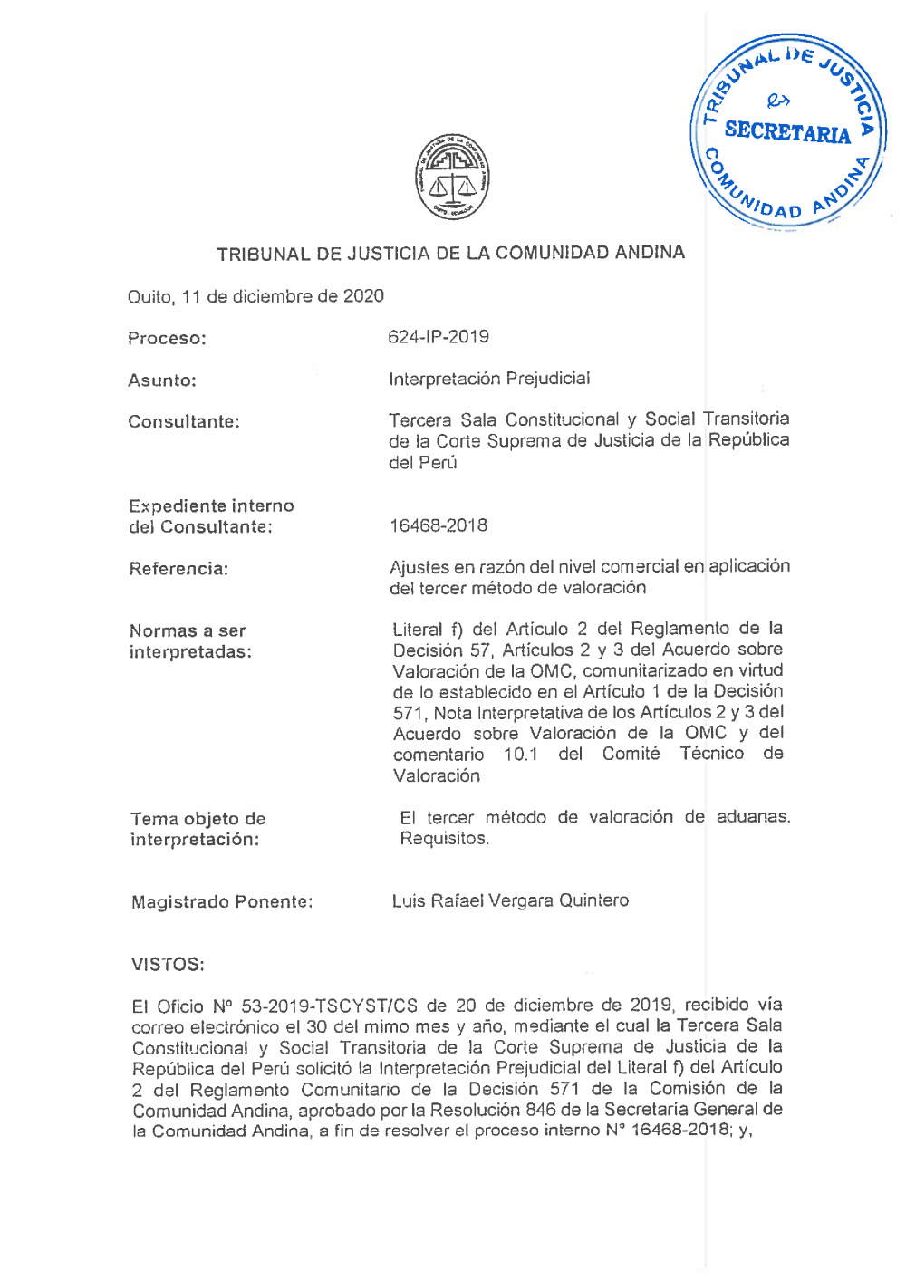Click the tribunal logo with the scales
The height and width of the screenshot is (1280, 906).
click(x=452, y=178)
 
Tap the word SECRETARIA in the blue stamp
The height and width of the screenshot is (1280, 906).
click(x=786, y=132)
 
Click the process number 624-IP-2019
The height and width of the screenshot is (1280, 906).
click(x=439, y=337)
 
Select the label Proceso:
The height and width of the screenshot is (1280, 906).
click(x=167, y=339)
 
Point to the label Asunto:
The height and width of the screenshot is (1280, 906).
click(x=162, y=380)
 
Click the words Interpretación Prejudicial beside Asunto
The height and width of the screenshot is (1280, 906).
click(x=489, y=379)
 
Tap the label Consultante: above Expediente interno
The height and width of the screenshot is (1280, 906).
click(x=184, y=421)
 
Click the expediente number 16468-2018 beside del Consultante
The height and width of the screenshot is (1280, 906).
click(x=439, y=525)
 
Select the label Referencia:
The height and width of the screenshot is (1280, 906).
click(x=178, y=569)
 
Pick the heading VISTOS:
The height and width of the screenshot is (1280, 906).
click(x=168, y=964)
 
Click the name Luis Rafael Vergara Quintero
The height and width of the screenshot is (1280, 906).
click(x=510, y=900)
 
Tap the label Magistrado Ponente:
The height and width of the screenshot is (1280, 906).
click(x=222, y=902)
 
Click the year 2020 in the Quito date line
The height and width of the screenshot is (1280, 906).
click(x=363, y=296)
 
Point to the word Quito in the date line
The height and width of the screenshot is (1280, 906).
click(x=149, y=297)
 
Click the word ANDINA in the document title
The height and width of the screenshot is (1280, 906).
click(x=650, y=253)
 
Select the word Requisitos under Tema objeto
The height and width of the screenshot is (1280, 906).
click(x=444, y=839)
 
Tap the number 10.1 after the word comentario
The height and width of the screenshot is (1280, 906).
click(x=521, y=755)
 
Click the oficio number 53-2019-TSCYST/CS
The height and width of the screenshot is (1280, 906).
click(x=330, y=1006)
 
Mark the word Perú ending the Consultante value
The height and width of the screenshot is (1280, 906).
click(x=439, y=463)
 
